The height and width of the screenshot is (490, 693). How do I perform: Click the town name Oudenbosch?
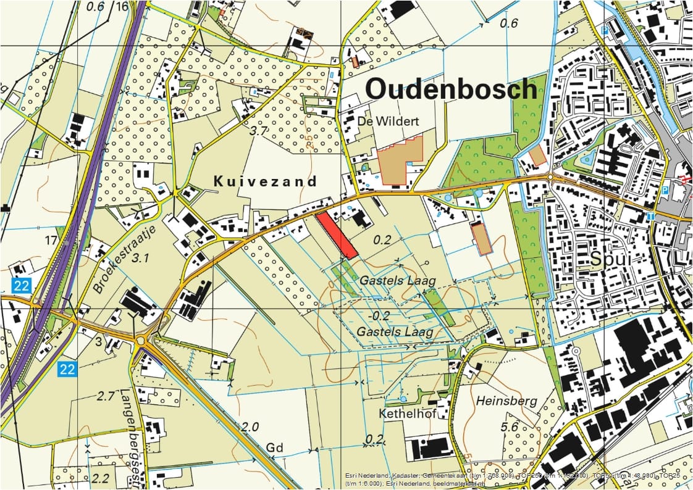451,89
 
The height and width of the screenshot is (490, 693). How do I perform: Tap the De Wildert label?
388,122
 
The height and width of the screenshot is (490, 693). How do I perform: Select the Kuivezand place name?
265,181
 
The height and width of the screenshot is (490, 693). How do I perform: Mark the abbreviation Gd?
274,447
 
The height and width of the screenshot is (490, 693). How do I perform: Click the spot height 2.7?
106,396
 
